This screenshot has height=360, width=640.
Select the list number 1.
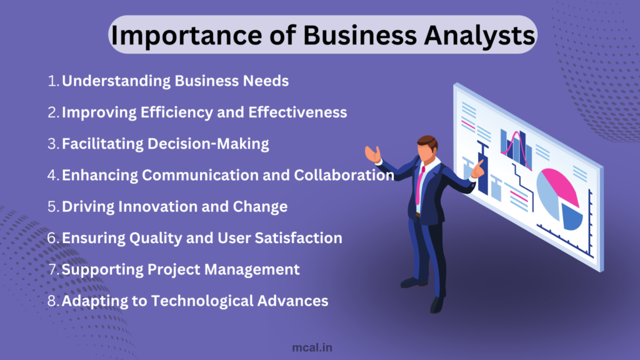[x=53, y=81]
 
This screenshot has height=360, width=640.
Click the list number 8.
[x=53, y=301]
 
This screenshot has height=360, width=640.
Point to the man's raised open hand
[x=373, y=154]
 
